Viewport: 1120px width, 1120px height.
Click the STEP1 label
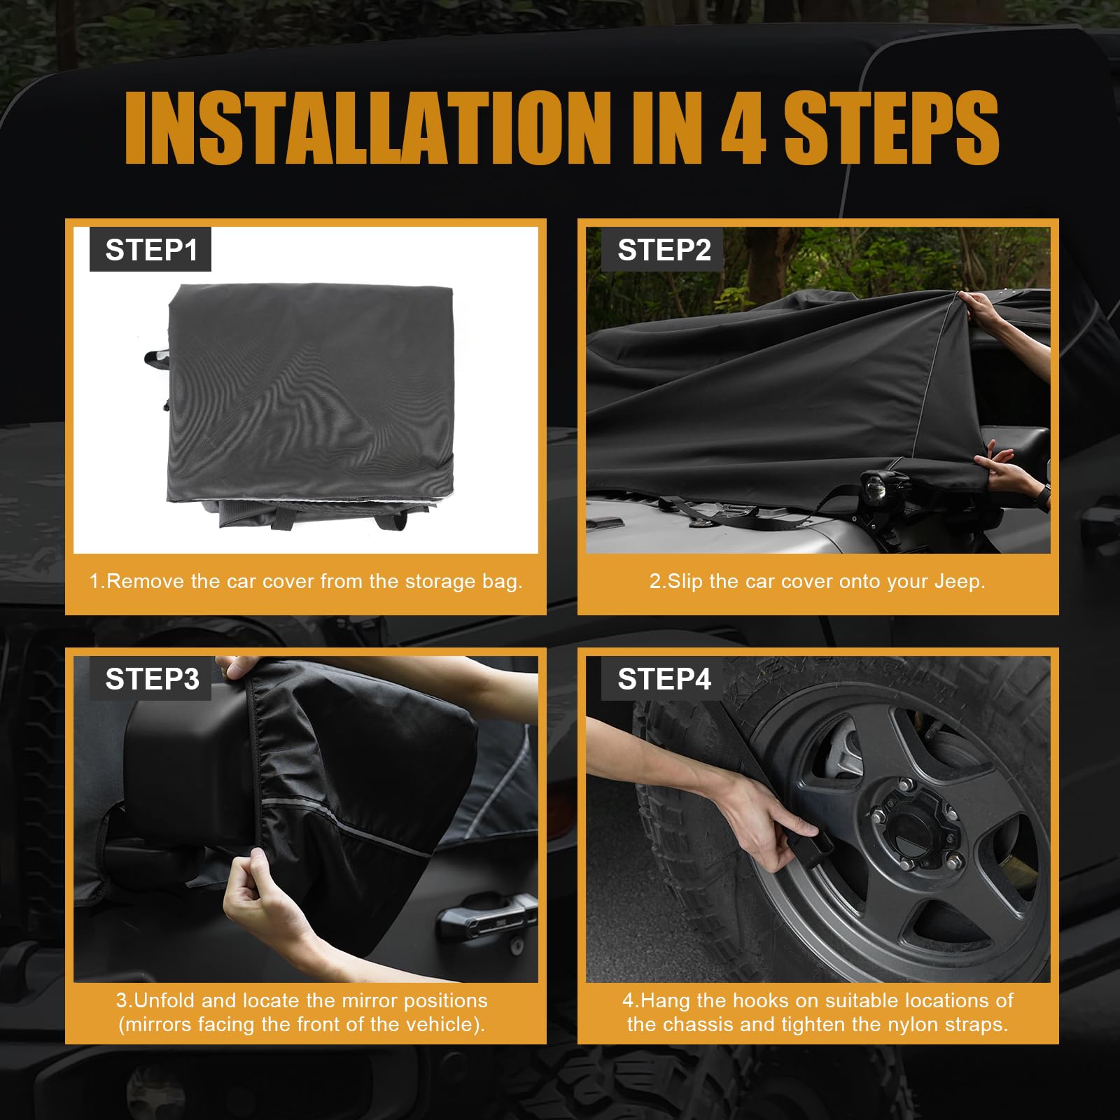(151, 250)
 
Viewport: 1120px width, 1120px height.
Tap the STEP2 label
(664, 250)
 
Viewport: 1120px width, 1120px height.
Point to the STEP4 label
(664, 679)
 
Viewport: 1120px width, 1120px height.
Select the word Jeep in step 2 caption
(962, 582)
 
